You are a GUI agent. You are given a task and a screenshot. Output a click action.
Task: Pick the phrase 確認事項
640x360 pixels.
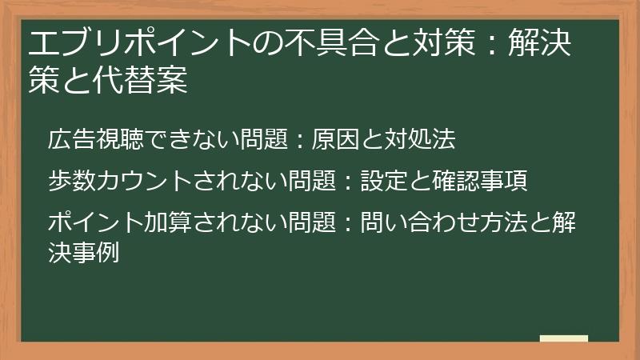(x=480, y=181)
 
